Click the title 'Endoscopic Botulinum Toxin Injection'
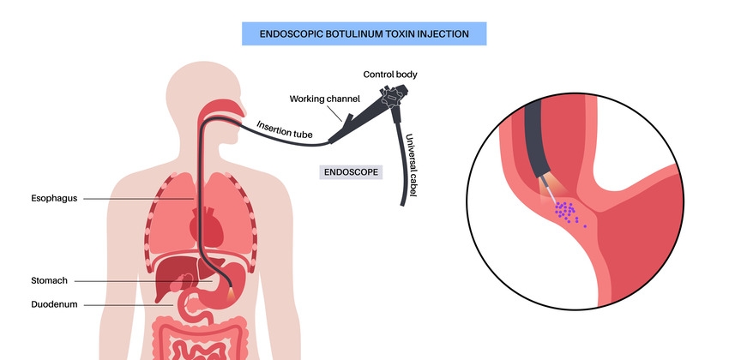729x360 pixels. [x=364, y=34]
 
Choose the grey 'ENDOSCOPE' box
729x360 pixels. [x=351, y=171]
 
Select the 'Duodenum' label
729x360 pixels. [x=53, y=303]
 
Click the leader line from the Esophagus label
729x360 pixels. [x=137, y=200]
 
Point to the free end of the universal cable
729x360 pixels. [x=401, y=204]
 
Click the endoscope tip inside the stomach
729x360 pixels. [x=234, y=286]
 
